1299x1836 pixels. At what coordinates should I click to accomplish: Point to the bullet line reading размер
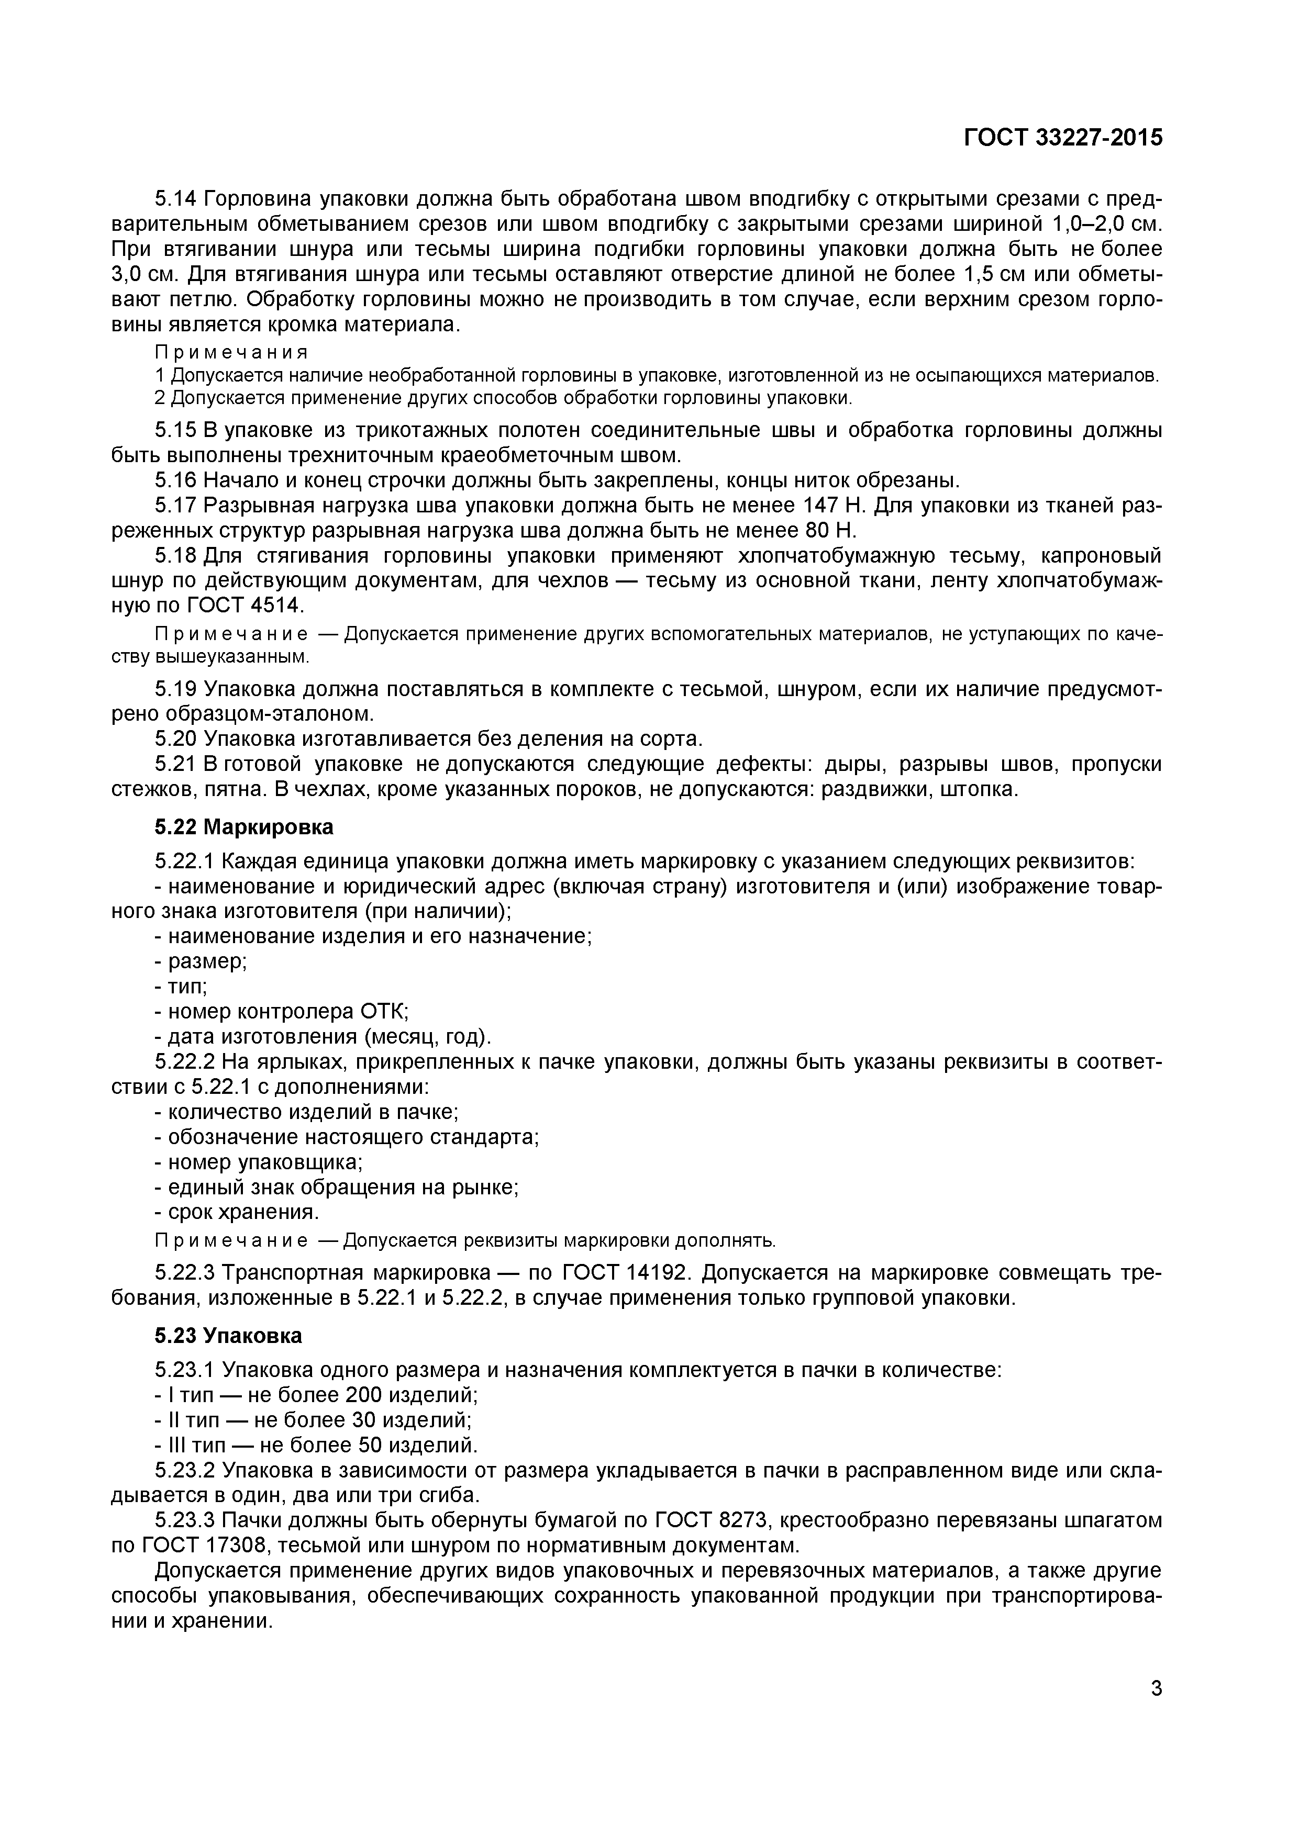click(x=200, y=961)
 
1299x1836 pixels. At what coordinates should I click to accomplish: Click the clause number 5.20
click(x=175, y=738)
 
